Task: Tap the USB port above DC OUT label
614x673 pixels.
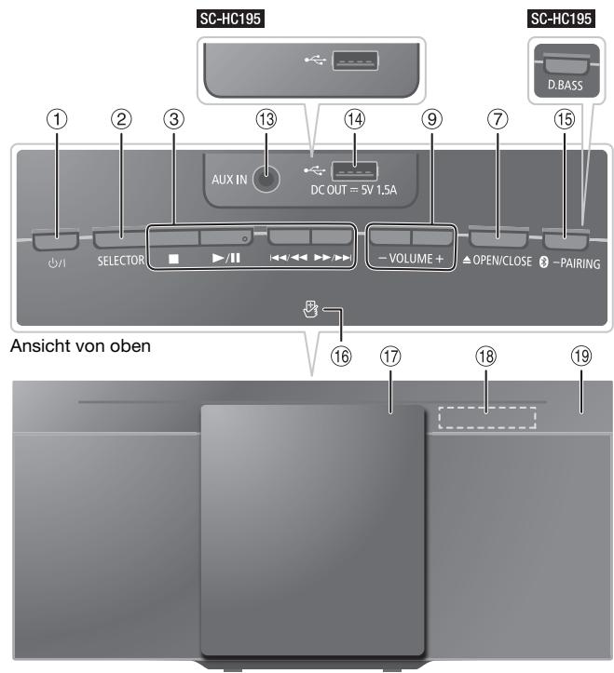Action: (355, 171)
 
